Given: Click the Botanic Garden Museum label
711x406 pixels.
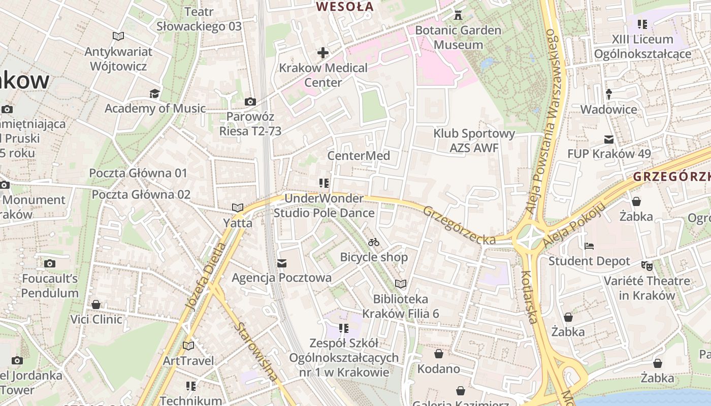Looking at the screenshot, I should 458,38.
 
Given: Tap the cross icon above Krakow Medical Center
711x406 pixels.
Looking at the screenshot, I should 323,53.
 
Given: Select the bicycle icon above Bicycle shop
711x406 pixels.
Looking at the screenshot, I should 374,242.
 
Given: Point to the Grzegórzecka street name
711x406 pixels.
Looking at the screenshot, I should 459,225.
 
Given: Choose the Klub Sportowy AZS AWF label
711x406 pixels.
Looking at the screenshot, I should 474,141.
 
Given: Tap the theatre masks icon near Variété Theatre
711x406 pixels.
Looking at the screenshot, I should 647,265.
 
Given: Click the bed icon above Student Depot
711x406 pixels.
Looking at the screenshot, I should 589,246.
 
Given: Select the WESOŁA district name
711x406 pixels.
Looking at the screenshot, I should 345,7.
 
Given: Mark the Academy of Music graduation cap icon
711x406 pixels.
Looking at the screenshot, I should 154,93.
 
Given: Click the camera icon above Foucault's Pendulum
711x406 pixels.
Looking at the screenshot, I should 49,263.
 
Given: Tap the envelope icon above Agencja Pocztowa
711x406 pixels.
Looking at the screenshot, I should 282,263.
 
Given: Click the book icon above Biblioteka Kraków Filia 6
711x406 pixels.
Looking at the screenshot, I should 401,284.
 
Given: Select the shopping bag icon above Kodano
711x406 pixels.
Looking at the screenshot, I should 439,354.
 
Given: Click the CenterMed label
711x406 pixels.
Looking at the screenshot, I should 359,156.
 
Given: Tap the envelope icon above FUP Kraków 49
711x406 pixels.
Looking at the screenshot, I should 609,140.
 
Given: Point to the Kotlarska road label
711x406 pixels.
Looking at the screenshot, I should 529,297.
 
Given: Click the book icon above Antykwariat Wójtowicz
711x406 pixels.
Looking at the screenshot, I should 118,37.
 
